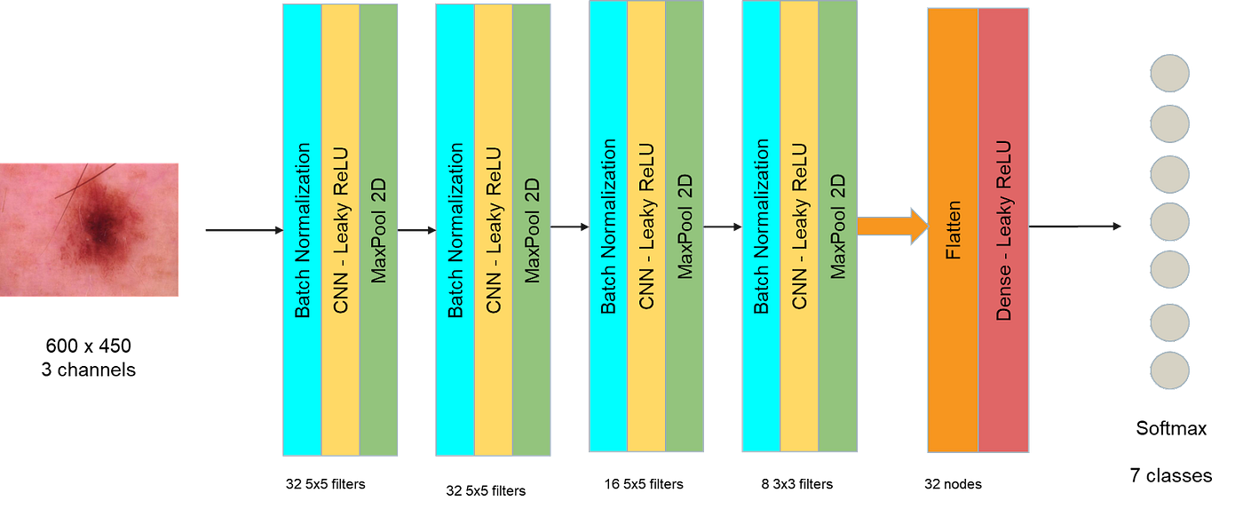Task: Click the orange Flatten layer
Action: pos(953,229)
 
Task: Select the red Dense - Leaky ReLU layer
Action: pos(1004,229)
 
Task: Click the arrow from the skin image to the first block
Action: pos(241,232)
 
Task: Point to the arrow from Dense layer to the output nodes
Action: pos(1075,227)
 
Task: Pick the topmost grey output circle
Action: pos(1169,74)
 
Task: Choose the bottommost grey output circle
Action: pos(1169,370)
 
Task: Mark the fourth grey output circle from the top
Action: pos(1169,222)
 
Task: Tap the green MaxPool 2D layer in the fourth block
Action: pos(838,227)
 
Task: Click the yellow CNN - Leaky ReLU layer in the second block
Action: pos(494,229)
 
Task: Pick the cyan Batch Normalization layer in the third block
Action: pos(608,227)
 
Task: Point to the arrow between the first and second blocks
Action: pos(416,231)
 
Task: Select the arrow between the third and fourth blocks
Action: pos(723,227)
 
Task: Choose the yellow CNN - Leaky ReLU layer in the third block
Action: pos(646,227)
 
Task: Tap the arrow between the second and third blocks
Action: pos(570,227)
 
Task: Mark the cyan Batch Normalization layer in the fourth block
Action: pos(761,227)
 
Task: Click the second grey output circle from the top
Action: pos(1169,123)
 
